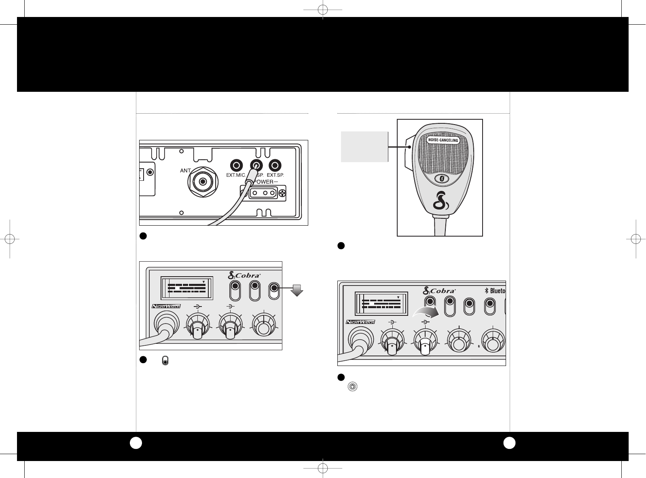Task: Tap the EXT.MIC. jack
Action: [236, 165]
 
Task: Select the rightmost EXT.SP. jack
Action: [275, 165]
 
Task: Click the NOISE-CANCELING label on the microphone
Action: [443, 140]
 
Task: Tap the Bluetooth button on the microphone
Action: [443, 178]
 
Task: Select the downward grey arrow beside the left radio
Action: [297, 290]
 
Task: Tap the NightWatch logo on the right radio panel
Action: [360, 322]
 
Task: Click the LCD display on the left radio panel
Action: [187, 288]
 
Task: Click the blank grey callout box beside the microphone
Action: [364, 146]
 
